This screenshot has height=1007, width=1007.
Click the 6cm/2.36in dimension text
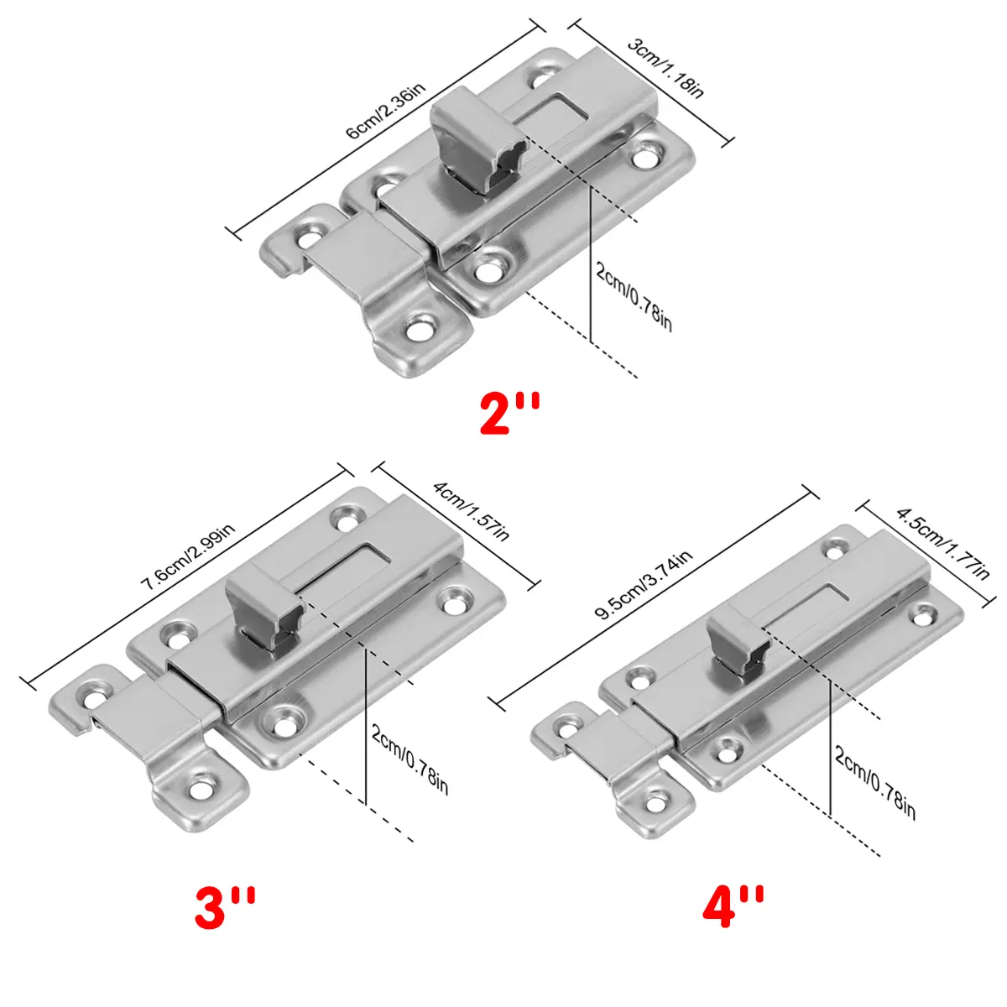click(386, 111)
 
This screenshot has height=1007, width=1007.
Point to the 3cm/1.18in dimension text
click(665, 67)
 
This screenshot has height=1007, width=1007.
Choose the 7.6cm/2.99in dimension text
click(188, 556)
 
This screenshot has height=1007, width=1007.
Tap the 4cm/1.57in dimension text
click(470, 510)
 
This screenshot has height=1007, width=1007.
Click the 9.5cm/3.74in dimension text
click(644, 584)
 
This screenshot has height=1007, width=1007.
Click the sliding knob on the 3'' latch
click(264, 606)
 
